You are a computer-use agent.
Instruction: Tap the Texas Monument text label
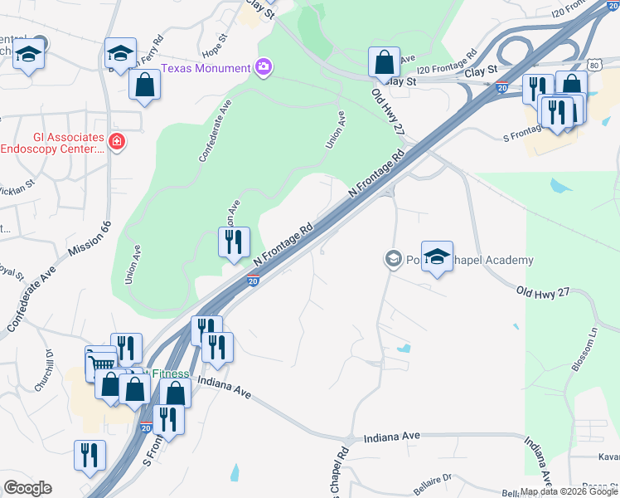tap(206, 68)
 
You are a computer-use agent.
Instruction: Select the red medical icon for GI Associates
tap(117, 142)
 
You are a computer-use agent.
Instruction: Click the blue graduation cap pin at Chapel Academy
tap(437, 256)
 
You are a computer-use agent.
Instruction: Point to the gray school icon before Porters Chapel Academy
tap(392, 260)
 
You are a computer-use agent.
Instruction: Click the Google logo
tap(27, 488)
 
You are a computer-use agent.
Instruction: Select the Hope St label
tap(219, 41)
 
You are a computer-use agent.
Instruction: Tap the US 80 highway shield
tap(592, 64)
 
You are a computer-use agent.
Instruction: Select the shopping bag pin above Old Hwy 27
tap(384, 61)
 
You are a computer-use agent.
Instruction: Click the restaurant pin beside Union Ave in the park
tap(234, 242)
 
